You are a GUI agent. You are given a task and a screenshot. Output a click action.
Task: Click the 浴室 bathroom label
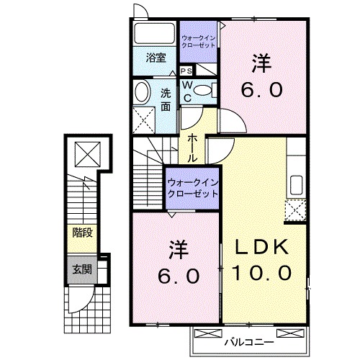pyautogui.click(x=156, y=58)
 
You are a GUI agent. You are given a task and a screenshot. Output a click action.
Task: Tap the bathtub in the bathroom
pyautogui.click(x=154, y=35)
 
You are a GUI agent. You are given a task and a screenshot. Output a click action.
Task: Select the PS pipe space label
pyautogui.click(x=186, y=71)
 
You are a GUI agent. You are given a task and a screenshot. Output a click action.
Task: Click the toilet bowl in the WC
pyautogui.click(x=204, y=90)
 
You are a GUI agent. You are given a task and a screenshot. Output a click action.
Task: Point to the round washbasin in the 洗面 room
pyautogui.click(x=142, y=91)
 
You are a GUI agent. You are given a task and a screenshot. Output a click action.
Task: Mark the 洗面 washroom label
pyautogui.click(x=165, y=99)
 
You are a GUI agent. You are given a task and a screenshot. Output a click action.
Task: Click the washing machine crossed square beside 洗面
pyautogui.click(x=144, y=117)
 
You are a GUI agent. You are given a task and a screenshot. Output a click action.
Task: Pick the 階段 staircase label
pyautogui.click(x=81, y=233)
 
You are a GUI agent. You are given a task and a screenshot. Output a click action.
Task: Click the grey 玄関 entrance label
pyautogui.click(x=81, y=269)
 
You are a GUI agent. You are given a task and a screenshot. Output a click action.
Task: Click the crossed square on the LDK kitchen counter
pyautogui.click(x=295, y=211)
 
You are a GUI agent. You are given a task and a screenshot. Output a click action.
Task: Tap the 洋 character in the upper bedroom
pyautogui.click(x=261, y=65)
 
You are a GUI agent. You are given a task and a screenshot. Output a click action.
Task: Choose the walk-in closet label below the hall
pyautogui.click(x=192, y=189)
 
